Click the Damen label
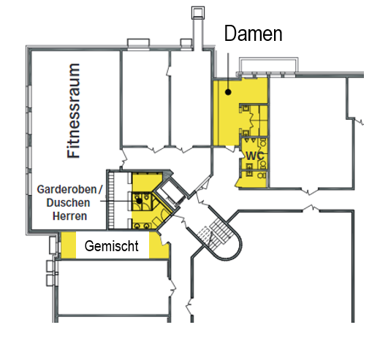tap(253, 34)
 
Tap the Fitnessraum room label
tap(73, 111)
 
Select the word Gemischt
tap(112, 246)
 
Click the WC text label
tap(255, 156)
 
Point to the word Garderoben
tap(66, 189)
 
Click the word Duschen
tap(68, 202)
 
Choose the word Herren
tap(70, 216)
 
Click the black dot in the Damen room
tap(228, 92)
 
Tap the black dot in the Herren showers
tap(140, 201)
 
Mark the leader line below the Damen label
tap(228, 71)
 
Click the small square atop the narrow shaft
tap(198, 13)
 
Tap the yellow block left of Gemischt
tap(68, 245)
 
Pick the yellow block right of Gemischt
tap(159, 245)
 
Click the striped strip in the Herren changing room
tap(111, 200)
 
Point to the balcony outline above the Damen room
tap(268, 65)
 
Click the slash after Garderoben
tap(100, 189)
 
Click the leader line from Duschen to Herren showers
tap(118, 201)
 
